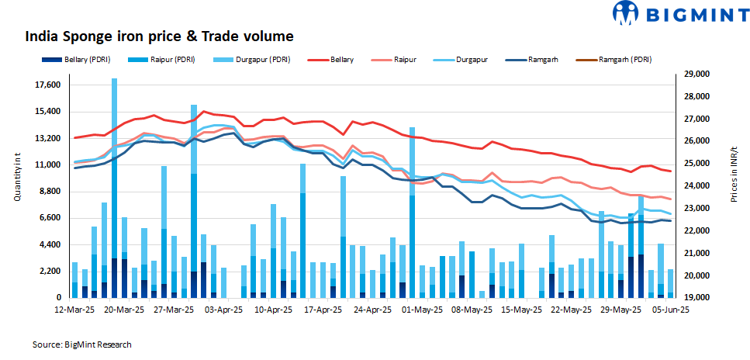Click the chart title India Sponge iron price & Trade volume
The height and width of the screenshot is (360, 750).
[x=160, y=36]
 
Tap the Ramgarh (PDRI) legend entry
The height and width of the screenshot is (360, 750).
[x=627, y=60]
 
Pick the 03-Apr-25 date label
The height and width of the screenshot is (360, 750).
[x=224, y=308]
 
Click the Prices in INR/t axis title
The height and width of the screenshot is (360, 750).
[x=733, y=175]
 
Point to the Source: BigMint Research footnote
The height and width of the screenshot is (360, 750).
[x=81, y=344]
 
